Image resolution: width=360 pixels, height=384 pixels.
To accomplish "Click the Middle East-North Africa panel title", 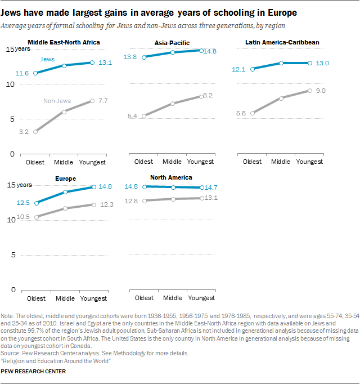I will tap(64, 43).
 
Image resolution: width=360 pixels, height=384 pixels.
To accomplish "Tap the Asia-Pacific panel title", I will tap(172, 43).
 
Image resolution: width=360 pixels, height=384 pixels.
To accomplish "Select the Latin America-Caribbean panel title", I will tap(282, 43).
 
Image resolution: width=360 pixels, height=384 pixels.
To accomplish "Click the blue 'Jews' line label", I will tap(48, 59).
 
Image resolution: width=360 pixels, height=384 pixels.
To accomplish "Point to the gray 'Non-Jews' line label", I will tap(57, 101).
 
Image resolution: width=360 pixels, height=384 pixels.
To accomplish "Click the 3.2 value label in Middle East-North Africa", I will tap(23, 132).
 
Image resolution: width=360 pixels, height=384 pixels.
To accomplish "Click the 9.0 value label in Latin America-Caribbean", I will tap(321, 91).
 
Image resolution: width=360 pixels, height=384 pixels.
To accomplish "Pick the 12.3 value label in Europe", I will tap(107, 205).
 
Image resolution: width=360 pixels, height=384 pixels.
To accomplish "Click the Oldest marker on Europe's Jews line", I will tap(37, 203).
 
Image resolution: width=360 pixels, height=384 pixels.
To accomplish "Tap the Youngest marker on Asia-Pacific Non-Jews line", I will tap(201, 97).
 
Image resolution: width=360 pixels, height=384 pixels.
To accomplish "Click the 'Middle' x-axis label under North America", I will tap(173, 297).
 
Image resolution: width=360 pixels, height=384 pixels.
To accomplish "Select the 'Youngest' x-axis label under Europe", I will tap(93, 297).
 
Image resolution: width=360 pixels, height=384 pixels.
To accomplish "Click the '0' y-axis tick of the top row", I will tap(11, 154).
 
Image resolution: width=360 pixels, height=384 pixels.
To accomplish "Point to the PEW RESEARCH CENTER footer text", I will tap(34, 372).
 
